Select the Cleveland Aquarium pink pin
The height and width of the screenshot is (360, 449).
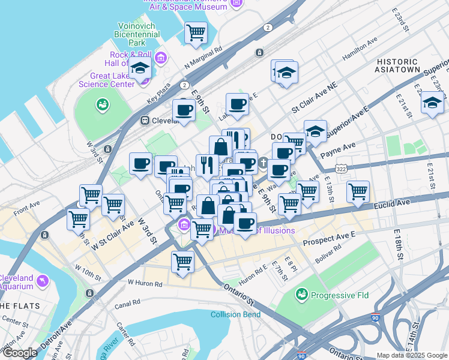coord(41,280)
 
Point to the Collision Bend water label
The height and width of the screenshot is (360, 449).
coord(235,314)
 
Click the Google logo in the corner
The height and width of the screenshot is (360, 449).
coord(19,353)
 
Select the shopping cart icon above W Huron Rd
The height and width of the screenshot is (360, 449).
coord(182,261)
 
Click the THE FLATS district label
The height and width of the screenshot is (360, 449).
coord(20,305)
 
